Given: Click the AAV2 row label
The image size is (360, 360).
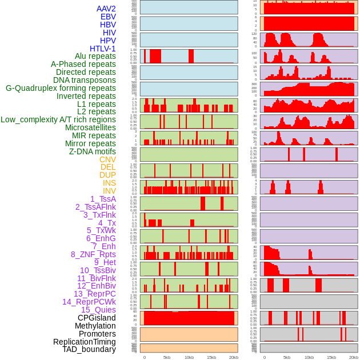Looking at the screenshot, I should pyautogui.click(x=106, y=9).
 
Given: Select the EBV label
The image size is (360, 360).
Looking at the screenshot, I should pyautogui.click(x=108, y=17).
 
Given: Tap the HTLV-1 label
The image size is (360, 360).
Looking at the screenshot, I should pyautogui.click(x=102, y=49).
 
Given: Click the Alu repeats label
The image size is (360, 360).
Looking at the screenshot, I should pyautogui.click(x=95, y=56).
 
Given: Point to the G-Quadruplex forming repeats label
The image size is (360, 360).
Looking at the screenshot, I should pyautogui.click(x=61, y=88).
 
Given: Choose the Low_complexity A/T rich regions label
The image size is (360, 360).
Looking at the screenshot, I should pyautogui.click(x=58, y=119).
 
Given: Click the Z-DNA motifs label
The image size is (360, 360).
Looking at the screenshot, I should pyautogui.click(x=93, y=151).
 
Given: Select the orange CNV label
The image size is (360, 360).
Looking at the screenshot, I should pyautogui.click(x=107, y=159).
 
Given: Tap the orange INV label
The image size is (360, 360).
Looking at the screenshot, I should pyautogui.click(x=109, y=191).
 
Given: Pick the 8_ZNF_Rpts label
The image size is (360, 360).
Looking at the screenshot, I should pyautogui.click(x=93, y=254).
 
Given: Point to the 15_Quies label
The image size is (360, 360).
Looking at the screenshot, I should pyautogui.click(x=98, y=310).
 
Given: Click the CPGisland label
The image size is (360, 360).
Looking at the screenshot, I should pyautogui.click(x=97, y=318).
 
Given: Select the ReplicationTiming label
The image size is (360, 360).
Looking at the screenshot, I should pyautogui.click(x=84, y=342).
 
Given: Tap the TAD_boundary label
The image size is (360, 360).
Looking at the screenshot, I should pyautogui.click(x=89, y=349).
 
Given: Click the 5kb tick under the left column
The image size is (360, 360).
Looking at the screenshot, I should pyautogui.click(x=167, y=357).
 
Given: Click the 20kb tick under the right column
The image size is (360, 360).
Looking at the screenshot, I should pyautogui.click(x=354, y=357).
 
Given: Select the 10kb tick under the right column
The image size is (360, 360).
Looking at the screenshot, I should pyautogui.click(x=309, y=357).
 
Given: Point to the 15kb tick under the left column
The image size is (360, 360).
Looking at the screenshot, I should pyautogui.click(x=211, y=357).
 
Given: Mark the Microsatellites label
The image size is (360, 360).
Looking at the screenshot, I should pyautogui.click(x=90, y=127).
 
